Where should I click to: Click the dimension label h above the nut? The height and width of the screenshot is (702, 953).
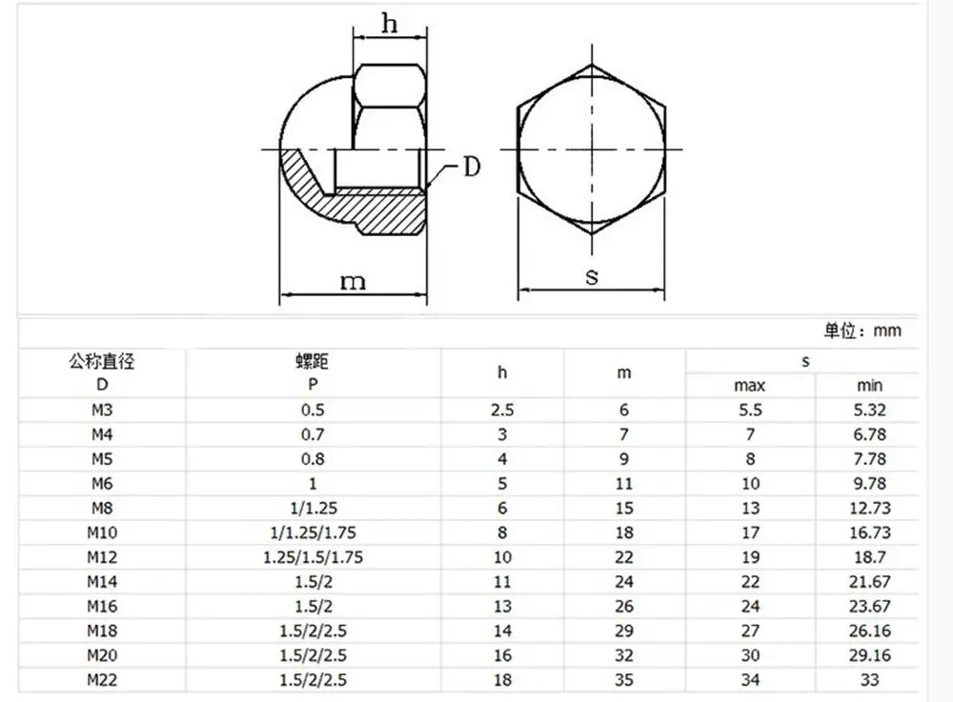coord(390,23)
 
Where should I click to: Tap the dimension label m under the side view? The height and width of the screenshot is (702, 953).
coord(354,281)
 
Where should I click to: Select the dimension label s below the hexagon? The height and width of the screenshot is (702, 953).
coord(592,278)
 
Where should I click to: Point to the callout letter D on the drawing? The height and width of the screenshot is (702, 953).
coord(471,169)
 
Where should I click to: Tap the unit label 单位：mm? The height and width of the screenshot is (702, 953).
coord(862,331)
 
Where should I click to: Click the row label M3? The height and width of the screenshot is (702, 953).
coord(102,411)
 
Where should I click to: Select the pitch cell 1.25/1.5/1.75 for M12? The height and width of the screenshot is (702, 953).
coord(312,557)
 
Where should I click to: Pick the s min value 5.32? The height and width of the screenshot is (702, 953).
coord(869,411)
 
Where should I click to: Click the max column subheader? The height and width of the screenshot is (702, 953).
coord(749,386)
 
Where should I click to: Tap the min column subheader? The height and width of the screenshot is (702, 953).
coord(869,386)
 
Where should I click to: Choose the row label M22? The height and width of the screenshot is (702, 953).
coord(102,679)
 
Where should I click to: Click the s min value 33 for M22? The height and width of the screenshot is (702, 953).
coord(869,679)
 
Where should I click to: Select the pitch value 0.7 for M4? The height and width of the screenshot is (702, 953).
coord(312,435)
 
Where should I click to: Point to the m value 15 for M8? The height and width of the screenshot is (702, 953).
coord(624,509)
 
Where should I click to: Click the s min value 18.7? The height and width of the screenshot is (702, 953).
coord(869,557)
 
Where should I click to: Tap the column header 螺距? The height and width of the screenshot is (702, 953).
coord(312,362)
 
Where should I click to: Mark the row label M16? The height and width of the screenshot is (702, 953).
coord(102,606)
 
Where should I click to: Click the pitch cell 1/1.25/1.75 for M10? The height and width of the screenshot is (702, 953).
coord(312,532)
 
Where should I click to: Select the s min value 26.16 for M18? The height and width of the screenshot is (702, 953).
coord(869,631)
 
